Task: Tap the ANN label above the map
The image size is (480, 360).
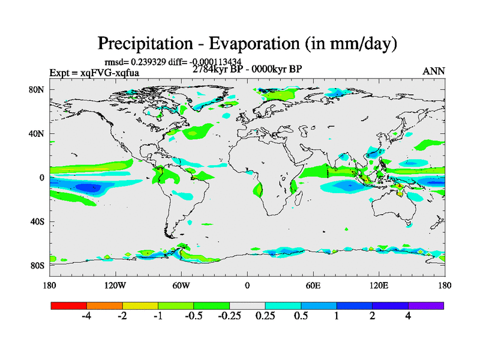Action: tap(434, 71)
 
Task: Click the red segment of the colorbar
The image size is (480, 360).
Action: tap(69, 305)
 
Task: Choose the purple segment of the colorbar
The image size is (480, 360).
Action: tap(426, 305)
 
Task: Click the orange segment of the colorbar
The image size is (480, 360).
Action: tap(104, 305)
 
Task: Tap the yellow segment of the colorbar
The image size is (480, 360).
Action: tap(140, 305)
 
